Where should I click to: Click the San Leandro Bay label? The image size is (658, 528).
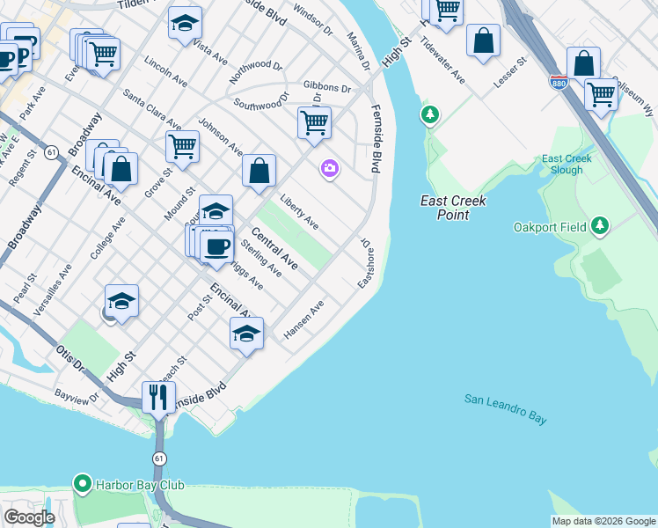coord(505,409)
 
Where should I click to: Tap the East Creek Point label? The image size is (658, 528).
coord(453,207)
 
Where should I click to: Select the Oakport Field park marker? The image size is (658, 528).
coord(600,227)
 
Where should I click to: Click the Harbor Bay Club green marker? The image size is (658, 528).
coord(83,484)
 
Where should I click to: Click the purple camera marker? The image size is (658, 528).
coord(330,168)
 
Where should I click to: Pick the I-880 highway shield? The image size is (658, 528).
coord(559,82)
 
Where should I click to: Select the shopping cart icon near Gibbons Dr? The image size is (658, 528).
coord(314,122)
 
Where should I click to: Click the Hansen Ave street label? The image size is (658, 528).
coord(304,320)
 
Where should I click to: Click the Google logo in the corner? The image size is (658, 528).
coord(30,517)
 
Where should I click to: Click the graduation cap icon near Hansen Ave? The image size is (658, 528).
coord(246,334)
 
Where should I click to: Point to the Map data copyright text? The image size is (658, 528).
coord(603,521)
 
